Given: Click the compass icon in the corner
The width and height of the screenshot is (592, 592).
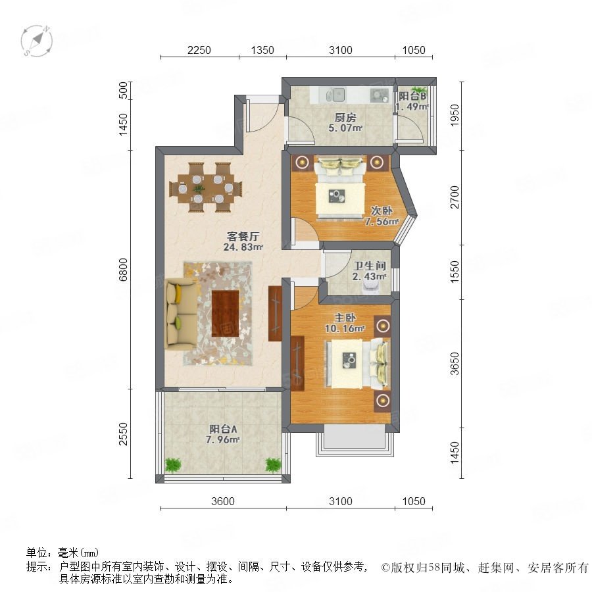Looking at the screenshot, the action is point(37,41).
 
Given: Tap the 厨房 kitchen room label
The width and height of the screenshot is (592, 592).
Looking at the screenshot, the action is point(345,118).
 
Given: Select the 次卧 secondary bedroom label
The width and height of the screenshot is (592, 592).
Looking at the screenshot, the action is point(381,210).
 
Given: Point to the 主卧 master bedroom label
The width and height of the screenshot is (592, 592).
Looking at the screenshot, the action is point(345,318).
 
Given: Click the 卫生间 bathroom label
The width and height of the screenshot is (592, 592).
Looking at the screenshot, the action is point(369,266).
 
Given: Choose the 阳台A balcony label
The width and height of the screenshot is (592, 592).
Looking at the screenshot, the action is point(223,430).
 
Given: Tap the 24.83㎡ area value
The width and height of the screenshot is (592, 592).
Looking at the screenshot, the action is point(243,247).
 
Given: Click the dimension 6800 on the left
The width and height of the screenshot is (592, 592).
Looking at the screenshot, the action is point(124,270).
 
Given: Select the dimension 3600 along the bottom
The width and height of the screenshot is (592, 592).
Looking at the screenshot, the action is point(223,501).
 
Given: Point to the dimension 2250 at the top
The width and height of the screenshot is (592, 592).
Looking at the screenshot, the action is point(199,50).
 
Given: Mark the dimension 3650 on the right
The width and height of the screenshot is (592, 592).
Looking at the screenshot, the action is point(455,363).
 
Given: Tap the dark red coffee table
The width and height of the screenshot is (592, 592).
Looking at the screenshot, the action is point(226,313).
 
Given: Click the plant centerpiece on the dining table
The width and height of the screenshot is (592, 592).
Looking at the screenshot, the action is point(198,188).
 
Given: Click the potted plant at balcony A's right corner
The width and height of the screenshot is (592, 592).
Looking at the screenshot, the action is point(273,465).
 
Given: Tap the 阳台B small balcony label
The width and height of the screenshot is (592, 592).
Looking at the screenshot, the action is point(412,96).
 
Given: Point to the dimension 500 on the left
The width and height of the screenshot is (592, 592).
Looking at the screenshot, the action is point(124,90).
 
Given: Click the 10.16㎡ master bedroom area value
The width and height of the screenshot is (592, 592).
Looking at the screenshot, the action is point(345,328).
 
